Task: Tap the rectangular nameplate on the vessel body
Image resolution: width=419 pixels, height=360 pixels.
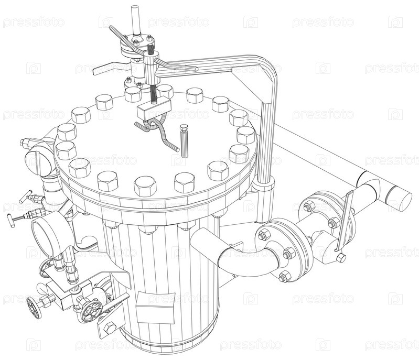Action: coord(155,307)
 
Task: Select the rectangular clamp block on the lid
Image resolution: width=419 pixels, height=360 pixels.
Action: coord(154,108)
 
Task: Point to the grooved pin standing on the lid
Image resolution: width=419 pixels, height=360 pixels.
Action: coord(184,141)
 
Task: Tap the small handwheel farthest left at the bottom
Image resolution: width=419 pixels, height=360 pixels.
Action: coord(34,308)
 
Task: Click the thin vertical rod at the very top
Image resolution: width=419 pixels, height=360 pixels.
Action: coord(135,20)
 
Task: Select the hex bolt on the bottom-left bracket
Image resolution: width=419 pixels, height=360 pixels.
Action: coord(109,327)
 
